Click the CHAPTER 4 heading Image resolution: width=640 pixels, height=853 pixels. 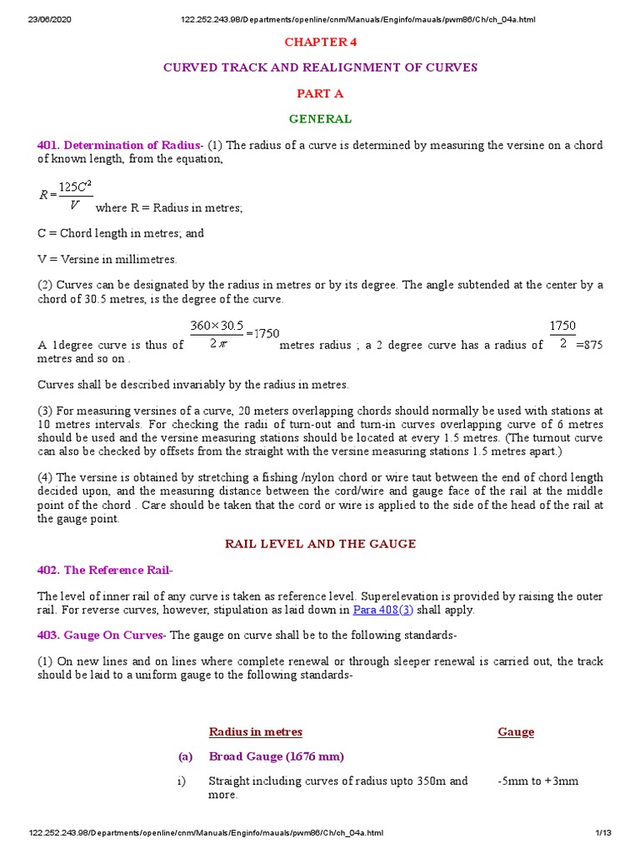[320, 42]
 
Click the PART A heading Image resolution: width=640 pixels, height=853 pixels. [320, 93]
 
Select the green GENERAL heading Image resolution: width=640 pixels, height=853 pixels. [320, 119]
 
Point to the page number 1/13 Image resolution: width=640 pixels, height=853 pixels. [603, 833]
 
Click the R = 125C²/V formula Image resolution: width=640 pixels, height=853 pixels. [65, 195]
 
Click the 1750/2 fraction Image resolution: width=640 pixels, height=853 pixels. [562, 333]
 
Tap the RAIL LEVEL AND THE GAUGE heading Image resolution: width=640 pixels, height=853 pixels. [320, 544]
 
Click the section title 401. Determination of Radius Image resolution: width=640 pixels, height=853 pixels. [118, 145]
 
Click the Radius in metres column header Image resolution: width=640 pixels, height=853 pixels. [255, 732]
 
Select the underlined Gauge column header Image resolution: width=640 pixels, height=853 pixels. [516, 732]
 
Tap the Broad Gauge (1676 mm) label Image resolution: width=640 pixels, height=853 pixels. [276, 756]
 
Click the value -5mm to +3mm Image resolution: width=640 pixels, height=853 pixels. [537, 781]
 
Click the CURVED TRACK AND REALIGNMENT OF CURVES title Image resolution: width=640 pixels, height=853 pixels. [320, 67]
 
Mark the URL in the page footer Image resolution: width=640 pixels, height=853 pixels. [206, 833]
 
